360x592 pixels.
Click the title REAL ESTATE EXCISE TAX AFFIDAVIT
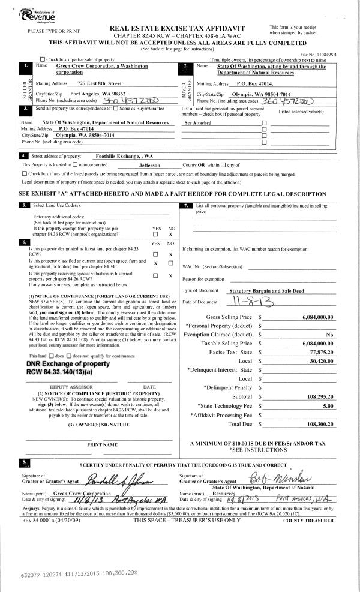pyautogui.click(x=179, y=28)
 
